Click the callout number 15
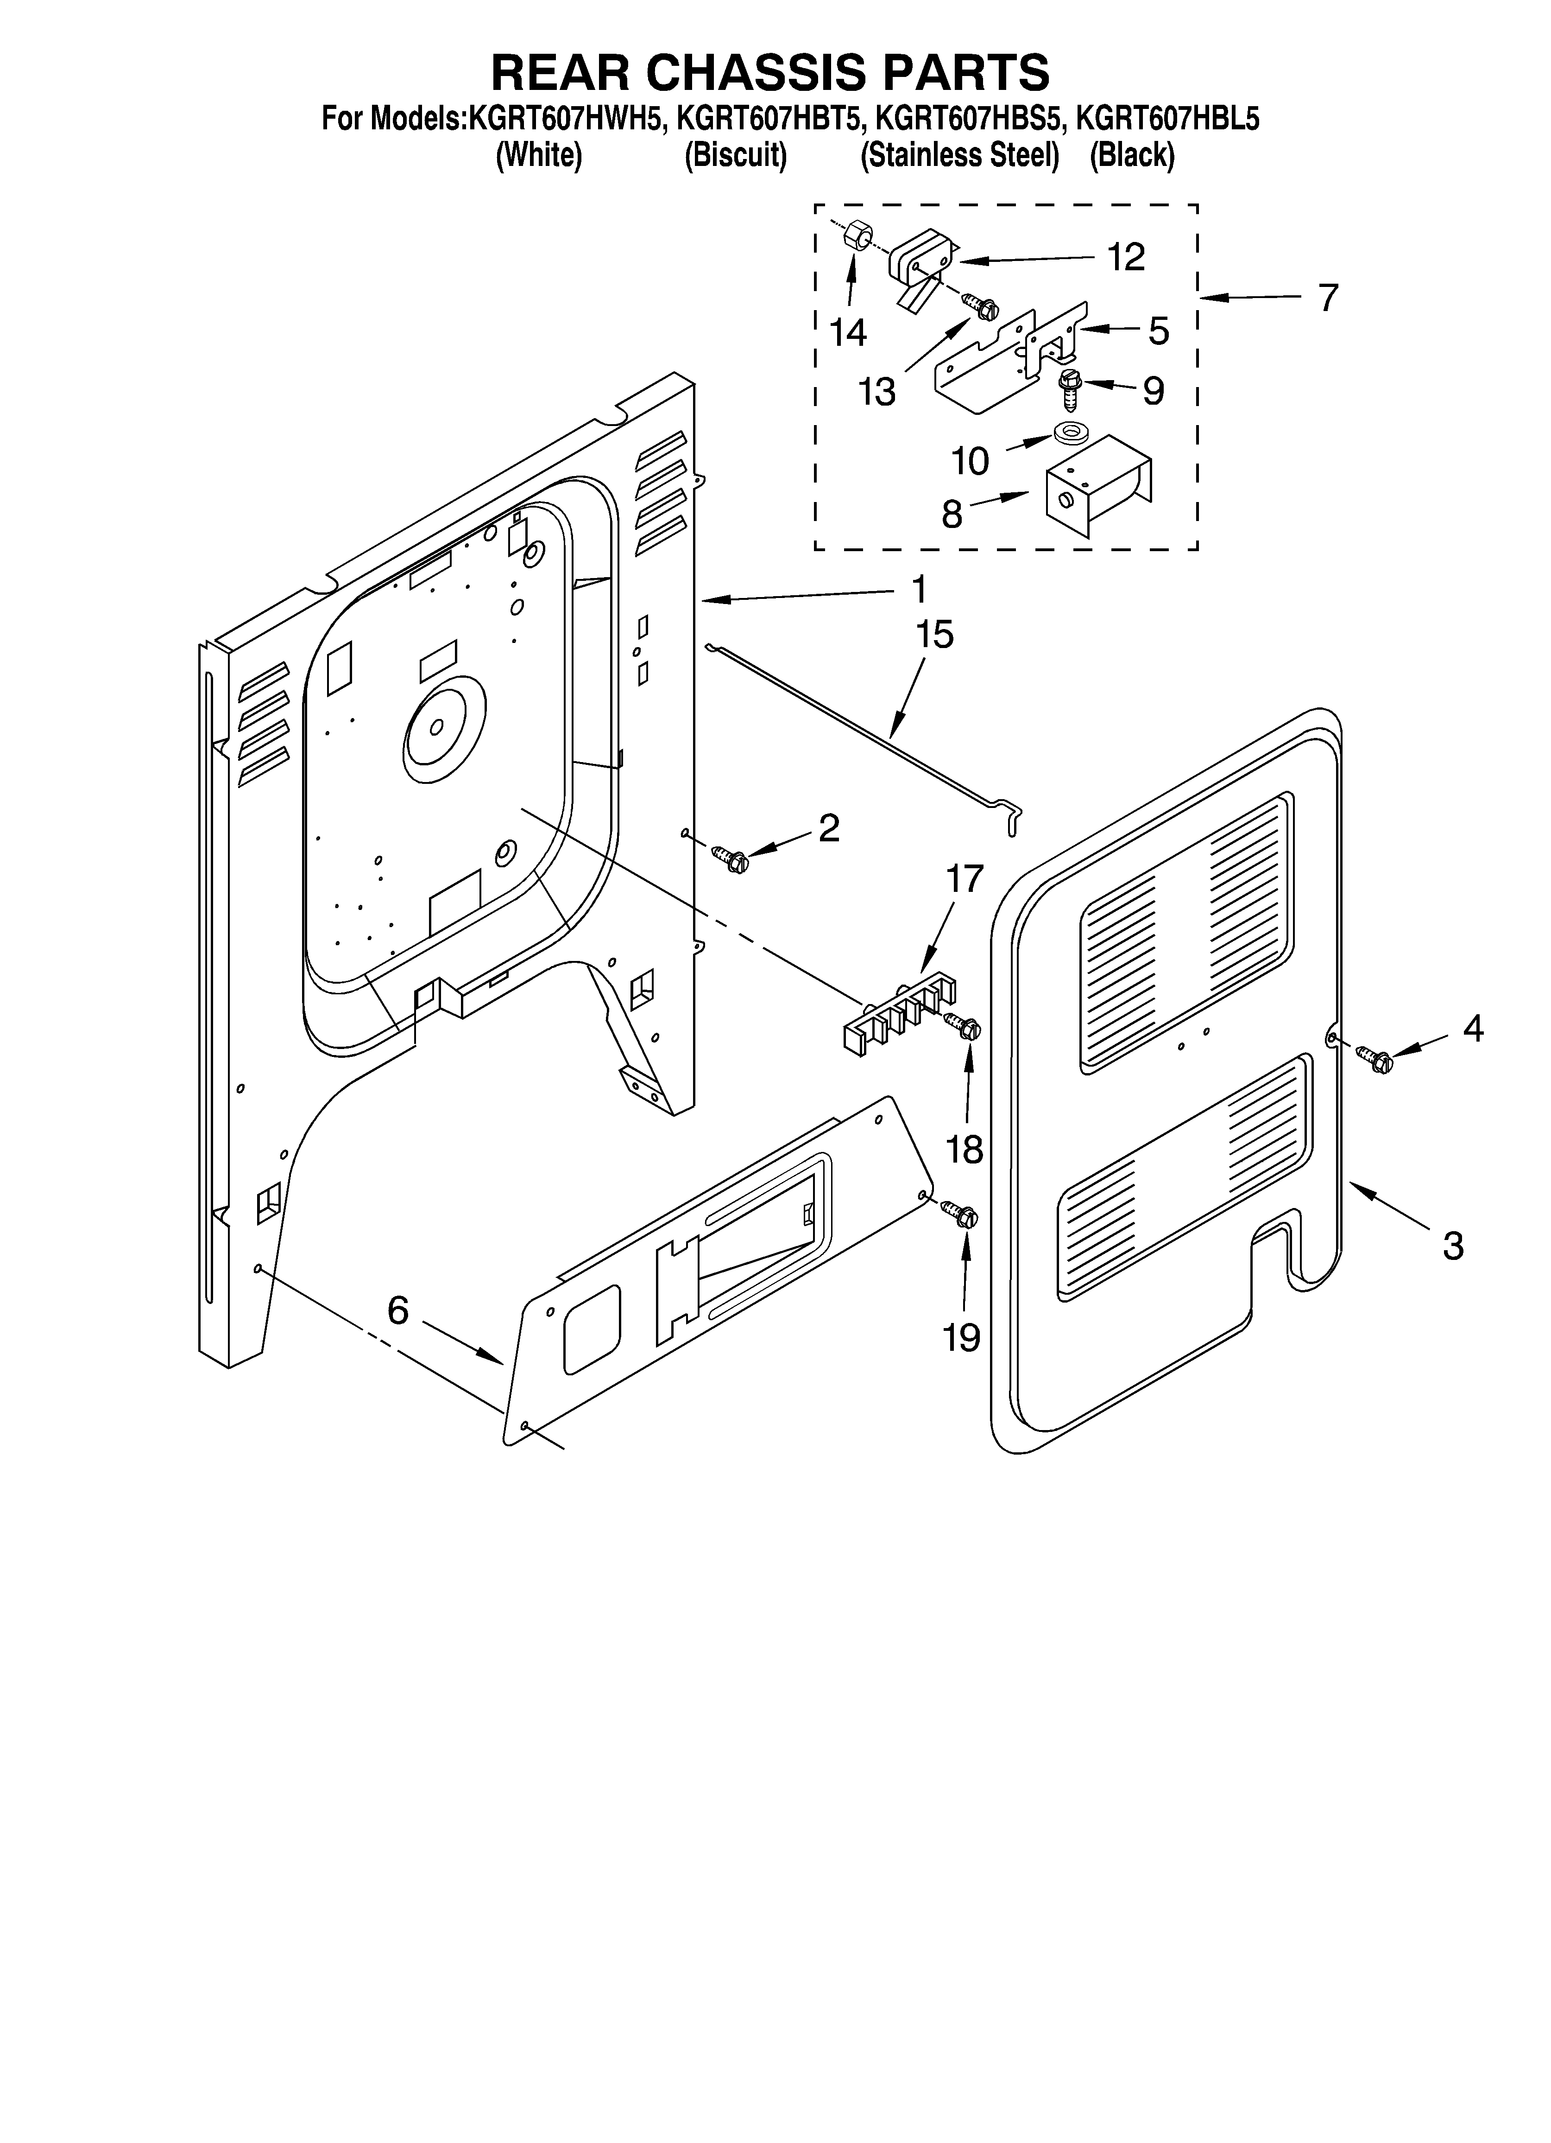933,635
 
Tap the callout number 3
1453,1246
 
